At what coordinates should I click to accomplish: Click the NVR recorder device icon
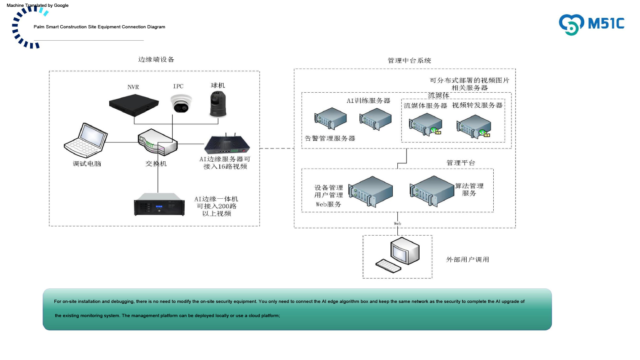(x=134, y=102)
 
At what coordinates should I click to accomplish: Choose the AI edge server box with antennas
(x=227, y=144)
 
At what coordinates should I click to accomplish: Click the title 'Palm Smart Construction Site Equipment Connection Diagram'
(x=99, y=27)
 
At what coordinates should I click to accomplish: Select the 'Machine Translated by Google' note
(x=37, y=5)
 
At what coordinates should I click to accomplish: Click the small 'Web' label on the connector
(x=398, y=223)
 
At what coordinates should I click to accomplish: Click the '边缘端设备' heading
(x=156, y=59)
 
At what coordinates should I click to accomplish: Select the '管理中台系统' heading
(x=409, y=60)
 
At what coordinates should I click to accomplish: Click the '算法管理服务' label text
(x=469, y=190)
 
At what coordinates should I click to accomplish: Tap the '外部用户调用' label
(x=467, y=259)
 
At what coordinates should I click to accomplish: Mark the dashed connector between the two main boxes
(x=277, y=148)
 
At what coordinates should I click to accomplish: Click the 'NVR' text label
(x=133, y=87)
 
